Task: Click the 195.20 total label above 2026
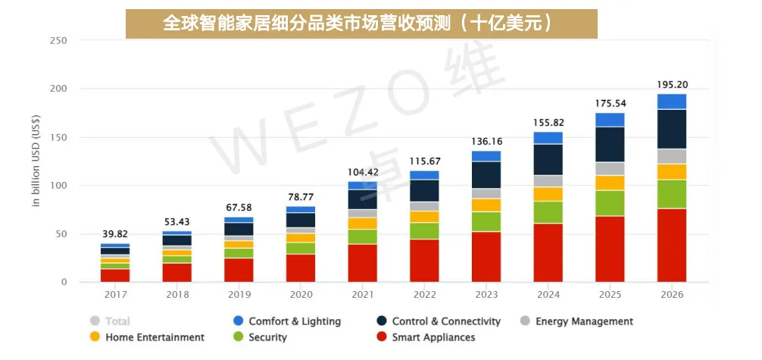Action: (672, 84)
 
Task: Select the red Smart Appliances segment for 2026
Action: (672, 246)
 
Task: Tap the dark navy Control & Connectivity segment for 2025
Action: (610, 144)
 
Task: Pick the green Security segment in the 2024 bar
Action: (548, 212)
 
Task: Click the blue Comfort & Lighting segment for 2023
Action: (486, 156)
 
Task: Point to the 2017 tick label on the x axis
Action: (115, 295)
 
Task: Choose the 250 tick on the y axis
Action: (58, 40)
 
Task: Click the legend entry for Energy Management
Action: (583, 321)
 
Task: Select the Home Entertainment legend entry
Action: (155, 337)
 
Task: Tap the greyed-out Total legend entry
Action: (117, 321)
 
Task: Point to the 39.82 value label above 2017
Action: (115, 233)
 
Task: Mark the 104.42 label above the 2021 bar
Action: (363, 172)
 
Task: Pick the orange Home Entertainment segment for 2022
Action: (424, 217)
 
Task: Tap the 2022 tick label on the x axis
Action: (424, 295)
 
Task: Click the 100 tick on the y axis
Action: (58, 186)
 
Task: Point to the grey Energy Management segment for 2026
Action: (672, 156)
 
